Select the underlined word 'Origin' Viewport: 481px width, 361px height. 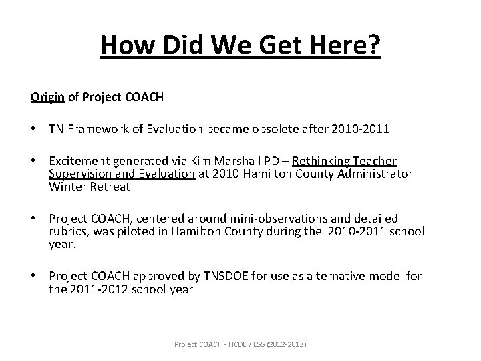pyautogui.click(x=47, y=97)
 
